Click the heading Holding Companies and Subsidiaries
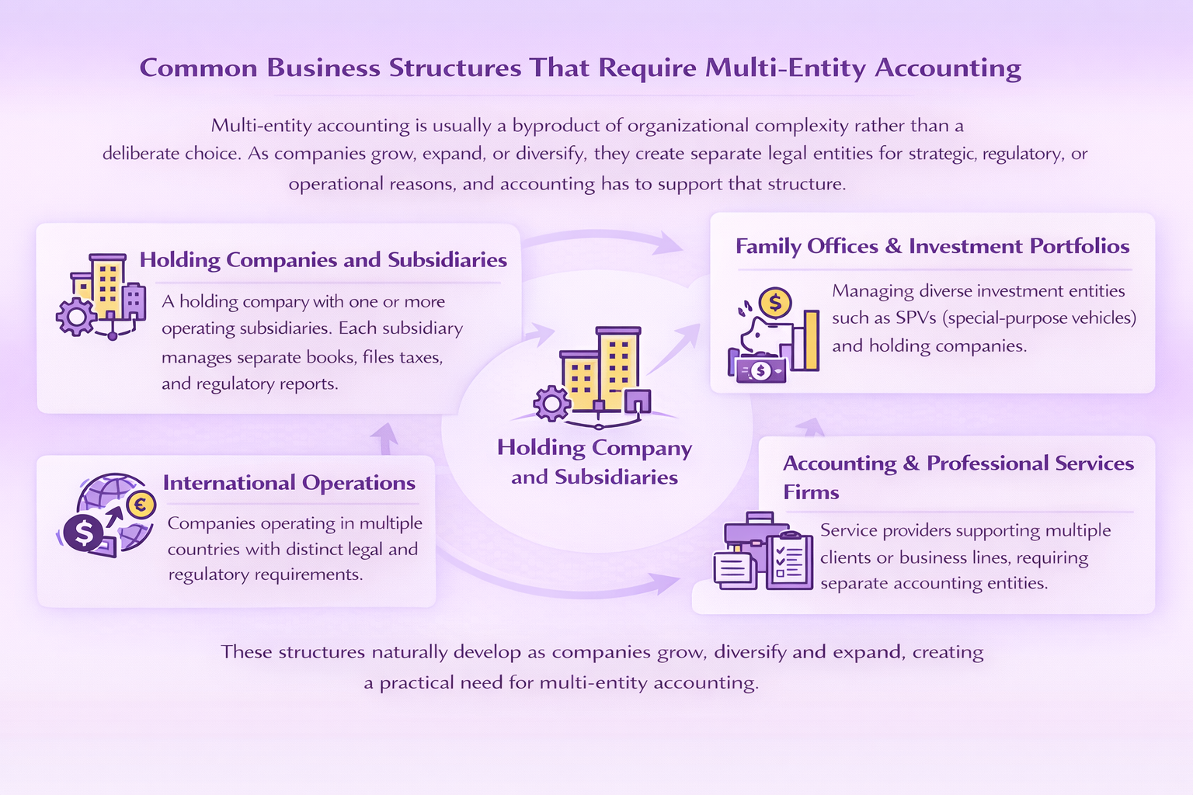point(323,260)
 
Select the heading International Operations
point(289,483)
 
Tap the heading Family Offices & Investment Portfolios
point(932,246)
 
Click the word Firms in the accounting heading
point(811,492)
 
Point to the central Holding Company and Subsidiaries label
point(594,462)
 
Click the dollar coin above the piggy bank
point(774,302)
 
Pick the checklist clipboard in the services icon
point(788,561)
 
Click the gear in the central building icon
point(551,404)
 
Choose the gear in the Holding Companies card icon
point(75,317)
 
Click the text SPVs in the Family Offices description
point(916,318)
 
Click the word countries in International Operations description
point(203,550)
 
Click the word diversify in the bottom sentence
point(750,652)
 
